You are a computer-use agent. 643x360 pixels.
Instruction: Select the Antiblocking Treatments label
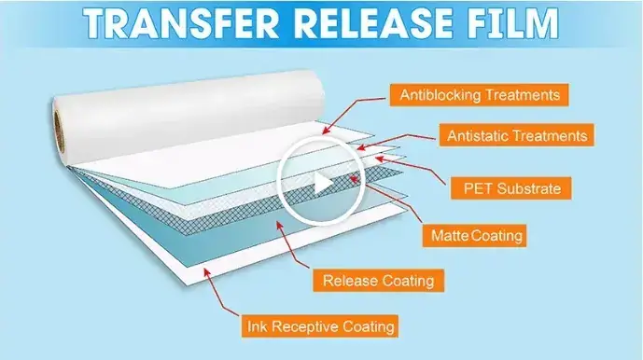click(479, 95)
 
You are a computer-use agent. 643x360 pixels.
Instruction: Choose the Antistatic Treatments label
click(517, 135)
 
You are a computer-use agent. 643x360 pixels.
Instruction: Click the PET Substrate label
click(511, 188)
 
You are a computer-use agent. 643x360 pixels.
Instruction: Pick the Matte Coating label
click(475, 235)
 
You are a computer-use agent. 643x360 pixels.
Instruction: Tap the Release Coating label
click(379, 281)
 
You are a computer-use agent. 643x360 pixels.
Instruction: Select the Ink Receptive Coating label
click(320, 326)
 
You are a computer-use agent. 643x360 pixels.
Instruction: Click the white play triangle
click(323, 184)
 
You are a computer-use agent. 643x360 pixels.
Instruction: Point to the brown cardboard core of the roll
click(60, 130)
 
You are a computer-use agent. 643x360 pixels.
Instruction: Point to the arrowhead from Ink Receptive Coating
click(206, 271)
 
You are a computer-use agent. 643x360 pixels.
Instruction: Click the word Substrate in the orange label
click(533, 188)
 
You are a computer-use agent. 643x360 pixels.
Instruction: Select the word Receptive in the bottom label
click(305, 326)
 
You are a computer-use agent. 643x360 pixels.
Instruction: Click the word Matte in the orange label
click(450, 236)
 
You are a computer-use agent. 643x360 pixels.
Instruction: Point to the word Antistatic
click(477, 135)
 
